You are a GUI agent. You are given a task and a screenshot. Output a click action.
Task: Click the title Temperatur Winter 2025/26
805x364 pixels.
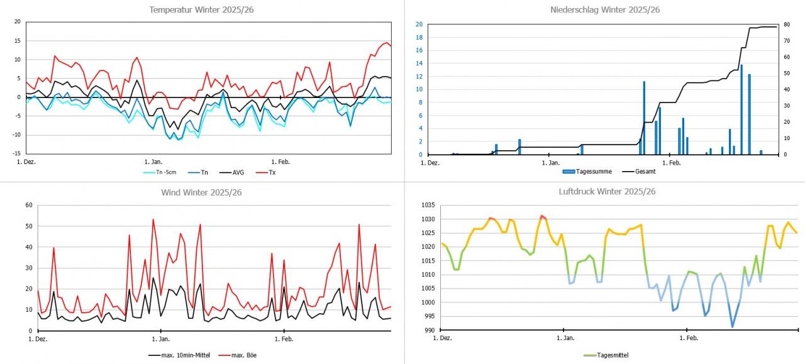tap(201, 9)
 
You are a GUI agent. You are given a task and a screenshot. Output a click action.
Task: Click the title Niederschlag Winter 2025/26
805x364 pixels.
tap(604, 9)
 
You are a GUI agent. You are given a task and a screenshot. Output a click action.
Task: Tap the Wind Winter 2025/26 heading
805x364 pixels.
tap(201, 192)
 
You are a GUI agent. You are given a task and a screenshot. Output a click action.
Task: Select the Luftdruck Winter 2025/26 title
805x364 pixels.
tap(604, 192)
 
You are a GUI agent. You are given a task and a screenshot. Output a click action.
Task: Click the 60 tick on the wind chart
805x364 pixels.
tap(28, 205)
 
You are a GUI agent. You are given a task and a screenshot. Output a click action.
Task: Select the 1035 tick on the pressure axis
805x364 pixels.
tap(426, 205)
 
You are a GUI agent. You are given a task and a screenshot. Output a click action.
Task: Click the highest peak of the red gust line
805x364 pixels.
tap(153, 219)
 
